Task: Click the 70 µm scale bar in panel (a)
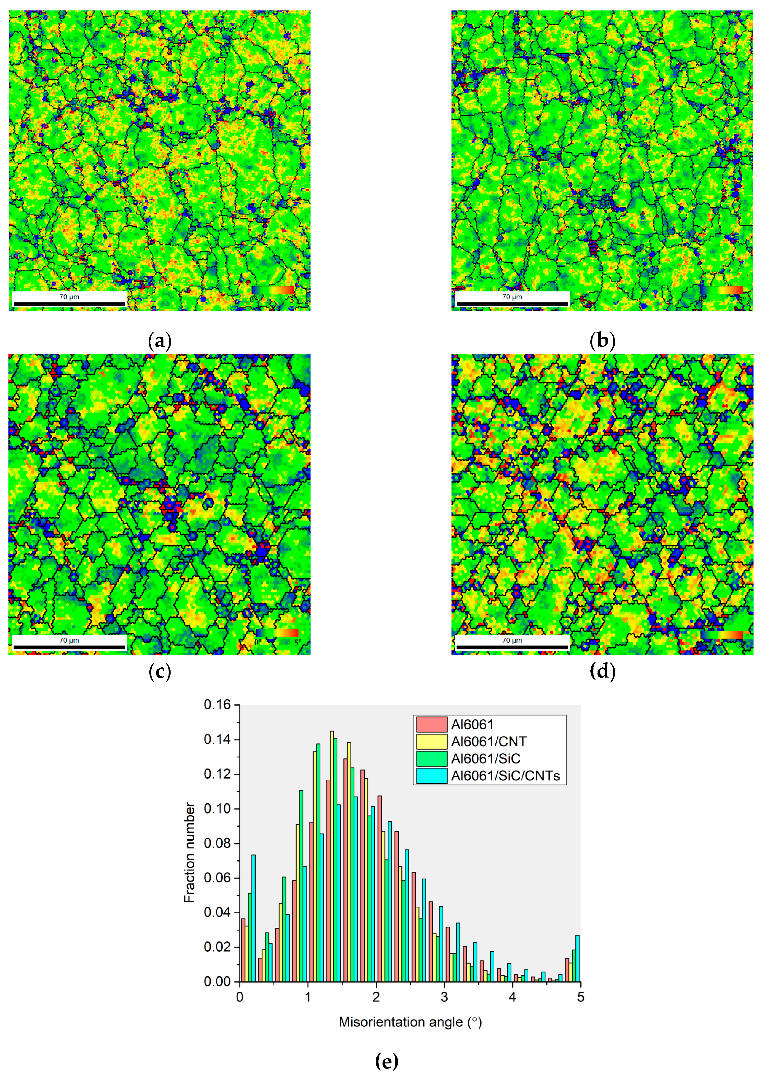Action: [x=69, y=304]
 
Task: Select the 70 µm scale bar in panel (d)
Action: [x=512, y=647]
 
